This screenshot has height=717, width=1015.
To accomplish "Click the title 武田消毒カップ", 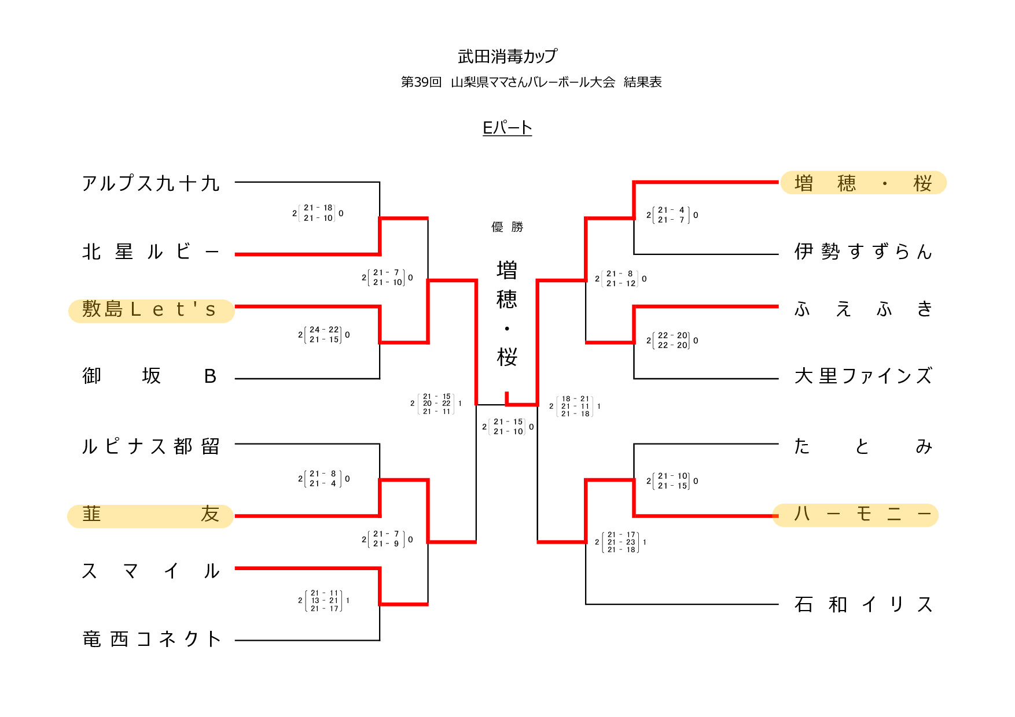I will click(x=507, y=56).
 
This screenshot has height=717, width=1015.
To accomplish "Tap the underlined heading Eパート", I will click(x=507, y=128).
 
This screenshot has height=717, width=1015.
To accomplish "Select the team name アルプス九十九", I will click(x=150, y=183).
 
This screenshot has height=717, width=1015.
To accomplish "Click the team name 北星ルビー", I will click(x=150, y=252).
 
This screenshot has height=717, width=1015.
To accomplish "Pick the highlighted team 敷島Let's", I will click(x=150, y=310).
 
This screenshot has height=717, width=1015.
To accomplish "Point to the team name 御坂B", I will click(x=150, y=376).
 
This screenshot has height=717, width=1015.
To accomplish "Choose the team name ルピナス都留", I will click(x=150, y=446).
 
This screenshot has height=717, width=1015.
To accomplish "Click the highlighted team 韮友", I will click(x=150, y=515).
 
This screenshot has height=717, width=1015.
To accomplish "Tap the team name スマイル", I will click(x=150, y=571).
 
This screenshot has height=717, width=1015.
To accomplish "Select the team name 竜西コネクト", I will click(x=150, y=640).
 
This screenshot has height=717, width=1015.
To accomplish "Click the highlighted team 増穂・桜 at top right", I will click(x=863, y=183).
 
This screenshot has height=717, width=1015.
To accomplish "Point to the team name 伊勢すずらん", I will click(x=863, y=252).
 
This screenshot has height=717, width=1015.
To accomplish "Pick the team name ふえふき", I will click(x=863, y=309).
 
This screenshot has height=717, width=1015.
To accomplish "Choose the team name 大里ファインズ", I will click(x=863, y=376).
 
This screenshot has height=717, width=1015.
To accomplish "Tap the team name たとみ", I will click(x=863, y=446).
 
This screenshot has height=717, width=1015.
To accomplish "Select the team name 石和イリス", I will click(x=863, y=605).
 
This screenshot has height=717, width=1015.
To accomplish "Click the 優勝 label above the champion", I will click(x=507, y=227).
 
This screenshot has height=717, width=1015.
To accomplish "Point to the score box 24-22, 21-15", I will click(x=324, y=335).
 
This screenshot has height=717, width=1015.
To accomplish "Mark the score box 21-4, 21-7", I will click(x=672, y=215).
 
